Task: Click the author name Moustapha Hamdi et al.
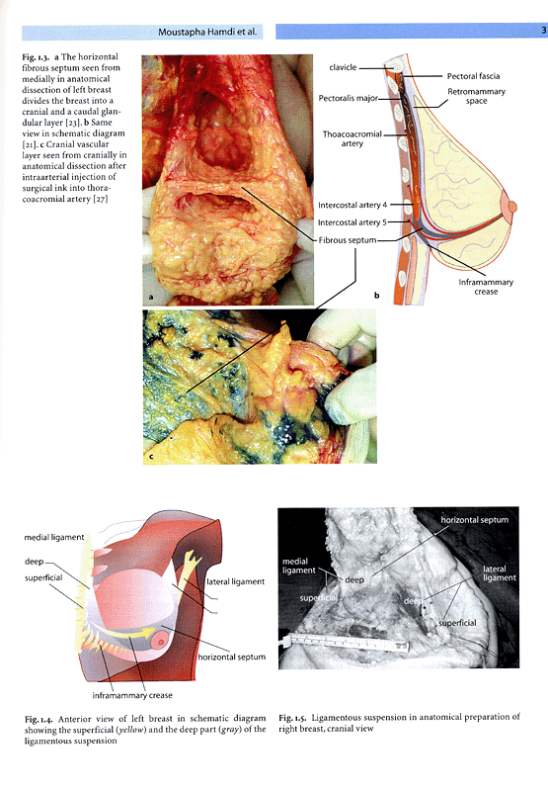207,32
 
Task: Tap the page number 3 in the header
543,30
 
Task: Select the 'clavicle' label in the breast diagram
343,67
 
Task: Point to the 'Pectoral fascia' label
474,76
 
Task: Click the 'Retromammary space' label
477,96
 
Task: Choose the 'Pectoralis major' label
348,98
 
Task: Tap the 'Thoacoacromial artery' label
352,138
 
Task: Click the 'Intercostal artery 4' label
352,205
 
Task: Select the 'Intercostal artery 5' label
352,222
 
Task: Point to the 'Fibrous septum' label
348,240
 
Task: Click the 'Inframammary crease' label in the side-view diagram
486,287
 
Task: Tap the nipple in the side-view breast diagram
512,207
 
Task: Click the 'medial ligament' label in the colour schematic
54,538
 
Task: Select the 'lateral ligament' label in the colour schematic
235,581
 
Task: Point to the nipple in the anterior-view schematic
160,642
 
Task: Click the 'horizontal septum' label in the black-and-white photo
475,520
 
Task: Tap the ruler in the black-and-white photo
351,642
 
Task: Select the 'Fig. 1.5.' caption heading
292,718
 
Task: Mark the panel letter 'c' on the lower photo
151,457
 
